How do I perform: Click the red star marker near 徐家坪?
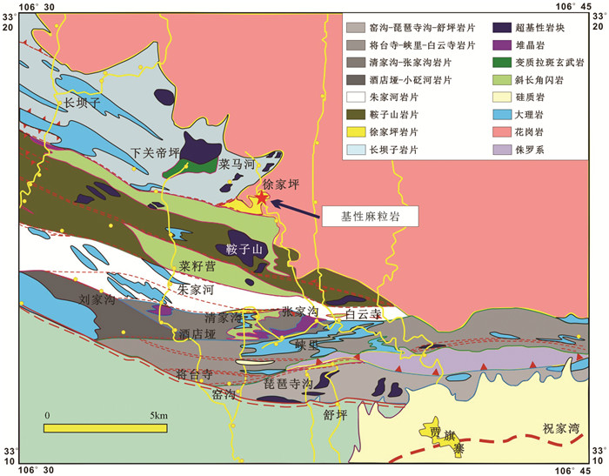262,198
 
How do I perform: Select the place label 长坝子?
83,102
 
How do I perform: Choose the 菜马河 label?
236,163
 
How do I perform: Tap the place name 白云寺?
363,312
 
